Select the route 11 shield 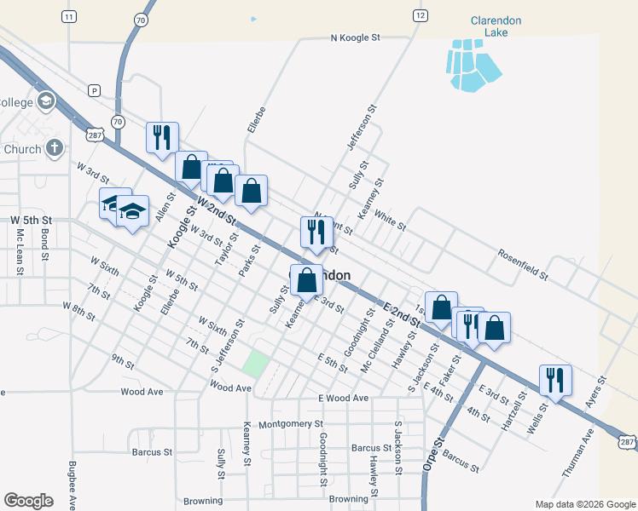tap(69, 16)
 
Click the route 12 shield tap(419, 15)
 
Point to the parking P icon tap(94, 89)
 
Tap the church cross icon tap(54, 147)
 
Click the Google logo tap(28, 500)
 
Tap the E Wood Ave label tap(343, 398)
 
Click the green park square tap(255, 365)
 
